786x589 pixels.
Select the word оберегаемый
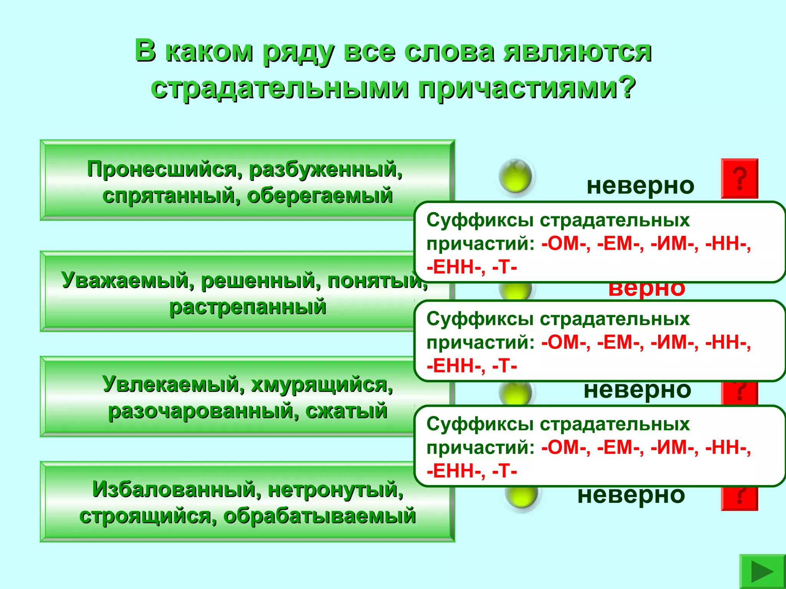pos(320,196)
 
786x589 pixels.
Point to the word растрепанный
pos(248,307)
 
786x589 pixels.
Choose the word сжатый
pos(346,411)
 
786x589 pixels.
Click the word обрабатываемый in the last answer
pos(320,516)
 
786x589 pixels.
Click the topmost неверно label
pos(640,186)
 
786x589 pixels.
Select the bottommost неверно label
pos(631,495)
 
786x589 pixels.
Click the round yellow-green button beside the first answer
pos(515,176)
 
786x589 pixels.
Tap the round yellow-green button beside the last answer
pos(521,497)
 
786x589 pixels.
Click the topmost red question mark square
pos(739,178)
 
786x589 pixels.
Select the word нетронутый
pos(335,489)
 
